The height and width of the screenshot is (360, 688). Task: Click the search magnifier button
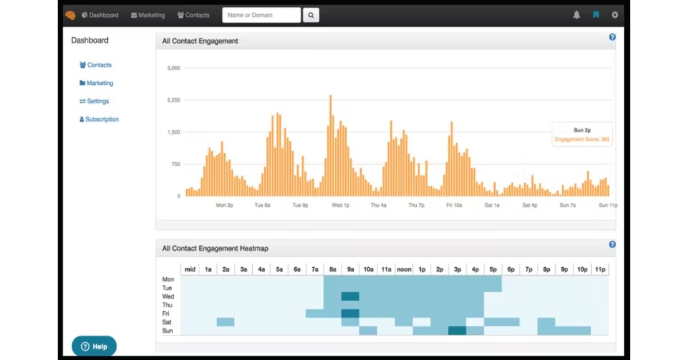point(311,15)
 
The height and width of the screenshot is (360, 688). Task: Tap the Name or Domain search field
point(261,15)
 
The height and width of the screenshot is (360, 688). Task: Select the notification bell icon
point(577,15)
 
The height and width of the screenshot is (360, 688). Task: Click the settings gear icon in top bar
point(615,15)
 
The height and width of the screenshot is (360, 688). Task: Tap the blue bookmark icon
point(596,15)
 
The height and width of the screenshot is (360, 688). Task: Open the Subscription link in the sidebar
point(99,119)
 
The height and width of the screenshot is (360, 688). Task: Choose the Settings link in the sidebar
point(94,101)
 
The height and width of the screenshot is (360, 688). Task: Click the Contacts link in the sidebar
point(95,65)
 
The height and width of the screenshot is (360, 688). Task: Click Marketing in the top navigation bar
point(148,15)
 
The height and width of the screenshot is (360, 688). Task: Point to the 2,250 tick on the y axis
point(174,100)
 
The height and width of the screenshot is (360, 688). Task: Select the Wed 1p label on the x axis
point(341,205)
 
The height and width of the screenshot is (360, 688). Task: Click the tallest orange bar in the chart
point(330,146)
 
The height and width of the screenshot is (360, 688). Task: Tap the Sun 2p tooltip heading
point(582,130)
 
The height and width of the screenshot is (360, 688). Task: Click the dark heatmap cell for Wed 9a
point(350,296)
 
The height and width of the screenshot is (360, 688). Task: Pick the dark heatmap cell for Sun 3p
point(457,331)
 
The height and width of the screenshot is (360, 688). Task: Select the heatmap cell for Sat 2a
point(225,322)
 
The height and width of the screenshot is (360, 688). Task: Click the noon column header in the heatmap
point(404,269)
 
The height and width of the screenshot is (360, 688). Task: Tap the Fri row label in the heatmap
point(166,314)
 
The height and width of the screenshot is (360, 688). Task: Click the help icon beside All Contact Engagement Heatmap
point(612,245)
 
